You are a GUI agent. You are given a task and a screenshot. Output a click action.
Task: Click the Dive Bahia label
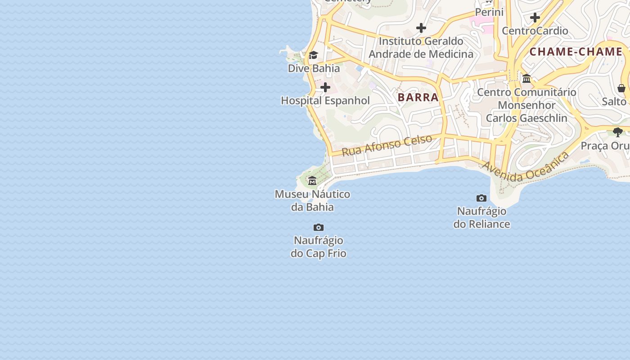coord(314,69)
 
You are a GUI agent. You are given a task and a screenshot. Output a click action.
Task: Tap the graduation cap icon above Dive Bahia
coord(313,55)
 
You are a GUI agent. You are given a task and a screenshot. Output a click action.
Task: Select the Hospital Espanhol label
coord(325,101)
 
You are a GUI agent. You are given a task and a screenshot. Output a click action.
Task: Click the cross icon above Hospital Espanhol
coord(325,87)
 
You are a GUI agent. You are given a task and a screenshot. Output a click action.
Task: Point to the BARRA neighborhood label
coord(418,97)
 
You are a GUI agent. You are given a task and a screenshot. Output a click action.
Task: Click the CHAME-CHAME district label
coord(576,52)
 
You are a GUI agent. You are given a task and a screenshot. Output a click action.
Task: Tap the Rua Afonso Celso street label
coord(387,145)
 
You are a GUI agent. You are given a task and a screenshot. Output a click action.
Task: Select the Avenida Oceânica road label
coord(526,167)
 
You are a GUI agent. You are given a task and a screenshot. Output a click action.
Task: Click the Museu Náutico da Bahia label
coord(312,201)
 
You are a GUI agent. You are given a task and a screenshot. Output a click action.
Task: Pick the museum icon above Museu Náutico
coord(312,181)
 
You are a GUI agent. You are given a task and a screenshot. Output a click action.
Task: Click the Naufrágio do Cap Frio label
coord(318,247)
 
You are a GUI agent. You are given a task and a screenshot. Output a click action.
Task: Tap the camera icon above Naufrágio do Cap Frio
coord(319,227)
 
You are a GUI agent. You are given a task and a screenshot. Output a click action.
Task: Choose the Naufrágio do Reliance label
coord(481,217)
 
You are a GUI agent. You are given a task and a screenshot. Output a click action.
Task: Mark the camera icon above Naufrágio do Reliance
coord(481,198)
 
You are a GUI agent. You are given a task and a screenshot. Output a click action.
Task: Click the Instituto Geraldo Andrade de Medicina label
coord(421,48)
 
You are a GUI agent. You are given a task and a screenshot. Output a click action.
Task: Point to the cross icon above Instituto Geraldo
coord(421,28)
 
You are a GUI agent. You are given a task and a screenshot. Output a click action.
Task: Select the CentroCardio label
coord(535,31)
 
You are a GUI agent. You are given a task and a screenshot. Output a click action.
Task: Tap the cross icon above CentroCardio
coord(535,18)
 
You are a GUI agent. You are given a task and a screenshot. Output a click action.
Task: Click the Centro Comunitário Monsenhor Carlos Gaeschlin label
coord(526,105)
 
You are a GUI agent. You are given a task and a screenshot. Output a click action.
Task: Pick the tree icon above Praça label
coord(618,132)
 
